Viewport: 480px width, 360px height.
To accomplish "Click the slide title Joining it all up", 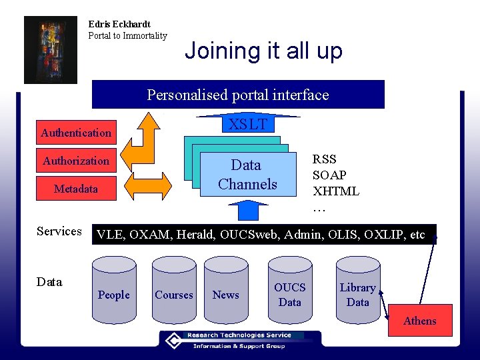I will pos(263,51).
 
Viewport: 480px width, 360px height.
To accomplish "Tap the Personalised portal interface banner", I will pos(238,95).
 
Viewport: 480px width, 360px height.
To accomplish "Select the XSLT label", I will pos(247,125).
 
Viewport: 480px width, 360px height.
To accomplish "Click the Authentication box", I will pos(76,133).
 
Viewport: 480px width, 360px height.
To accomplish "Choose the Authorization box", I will pos(76,161).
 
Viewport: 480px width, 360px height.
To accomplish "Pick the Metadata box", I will pos(76,189).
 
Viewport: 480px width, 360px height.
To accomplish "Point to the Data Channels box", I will pos(247,175).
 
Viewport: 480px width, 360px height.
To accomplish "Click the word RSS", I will pos(325,159).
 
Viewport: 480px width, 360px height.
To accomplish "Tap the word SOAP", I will pos(329,175).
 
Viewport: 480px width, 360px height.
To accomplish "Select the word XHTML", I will pos(336,191).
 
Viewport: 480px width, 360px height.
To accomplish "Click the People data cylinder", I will pos(114,293).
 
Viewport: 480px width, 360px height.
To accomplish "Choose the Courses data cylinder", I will pos(174,293).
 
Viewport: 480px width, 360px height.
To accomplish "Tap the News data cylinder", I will pos(225,293).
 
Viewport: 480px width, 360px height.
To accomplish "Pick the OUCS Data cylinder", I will pos(290,293).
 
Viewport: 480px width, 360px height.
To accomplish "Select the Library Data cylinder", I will pos(357,293).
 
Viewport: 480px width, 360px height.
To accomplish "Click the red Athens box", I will pos(419,321).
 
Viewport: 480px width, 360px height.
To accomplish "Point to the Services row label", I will pos(59,231).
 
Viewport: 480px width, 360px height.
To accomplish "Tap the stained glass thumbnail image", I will pos(51,50).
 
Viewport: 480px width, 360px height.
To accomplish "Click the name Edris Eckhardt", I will pos(119,24).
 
